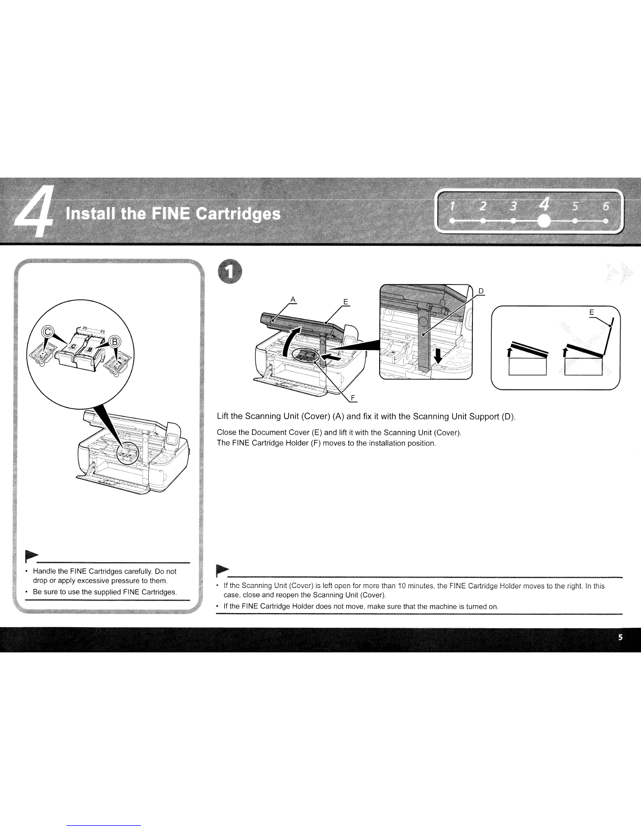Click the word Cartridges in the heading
(x=238, y=214)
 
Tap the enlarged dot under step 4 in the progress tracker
(x=544, y=221)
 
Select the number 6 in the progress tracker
(x=605, y=206)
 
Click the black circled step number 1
(x=230, y=271)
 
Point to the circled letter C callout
(x=47, y=332)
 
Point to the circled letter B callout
(x=115, y=342)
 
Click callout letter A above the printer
(x=293, y=299)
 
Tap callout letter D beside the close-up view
(x=481, y=291)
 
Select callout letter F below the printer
(x=353, y=398)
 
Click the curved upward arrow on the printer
(x=292, y=341)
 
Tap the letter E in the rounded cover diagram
(x=591, y=312)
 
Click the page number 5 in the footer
(x=621, y=637)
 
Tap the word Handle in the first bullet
(x=45, y=571)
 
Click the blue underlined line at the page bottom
(x=104, y=826)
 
